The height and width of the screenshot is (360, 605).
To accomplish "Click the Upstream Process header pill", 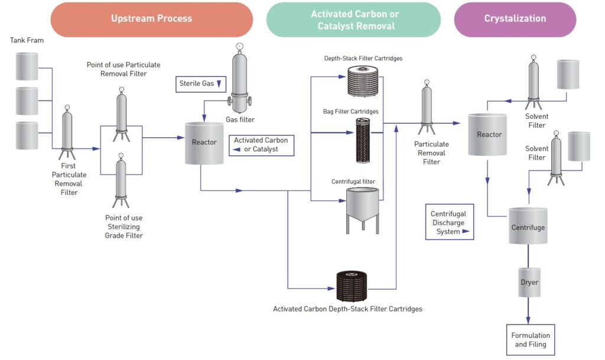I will (x=151, y=19).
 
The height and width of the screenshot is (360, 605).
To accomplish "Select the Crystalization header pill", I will (x=515, y=19).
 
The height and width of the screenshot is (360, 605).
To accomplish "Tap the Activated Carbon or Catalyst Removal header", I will (x=353, y=20).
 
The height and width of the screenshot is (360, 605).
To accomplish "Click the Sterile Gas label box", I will (x=201, y=84).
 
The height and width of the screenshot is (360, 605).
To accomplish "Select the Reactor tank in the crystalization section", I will (x=487, y=135).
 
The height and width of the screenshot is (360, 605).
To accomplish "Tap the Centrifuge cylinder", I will (x=528, y=226).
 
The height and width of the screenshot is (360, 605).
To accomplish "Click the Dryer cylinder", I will (x=529, y=283).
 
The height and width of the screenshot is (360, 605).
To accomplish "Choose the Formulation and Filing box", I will (x=530, y=339).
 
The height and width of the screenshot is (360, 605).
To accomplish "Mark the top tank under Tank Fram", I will (x=27, y=66).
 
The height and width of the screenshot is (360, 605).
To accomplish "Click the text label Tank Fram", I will (x=27, y=40).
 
